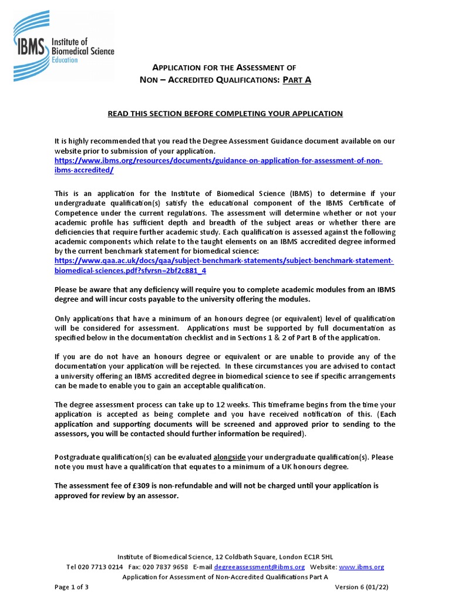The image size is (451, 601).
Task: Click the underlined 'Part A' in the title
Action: tap(297, 80)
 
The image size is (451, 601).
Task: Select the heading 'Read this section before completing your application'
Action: tap(225, 113)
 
